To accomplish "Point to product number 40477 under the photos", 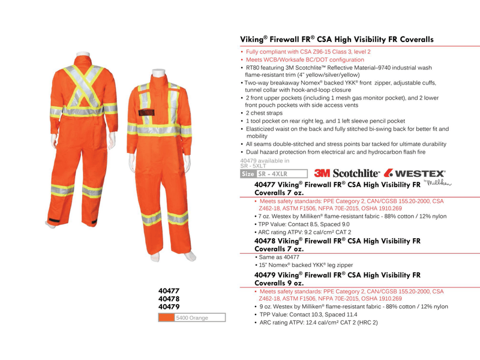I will [x=169, y=290].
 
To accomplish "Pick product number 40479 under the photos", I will [x=169, y=306].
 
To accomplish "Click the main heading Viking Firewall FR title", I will [x=337, y=40].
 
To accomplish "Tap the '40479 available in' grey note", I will [x=265, y=160].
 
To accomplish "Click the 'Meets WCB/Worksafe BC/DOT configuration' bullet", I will [x=305, y=60].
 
